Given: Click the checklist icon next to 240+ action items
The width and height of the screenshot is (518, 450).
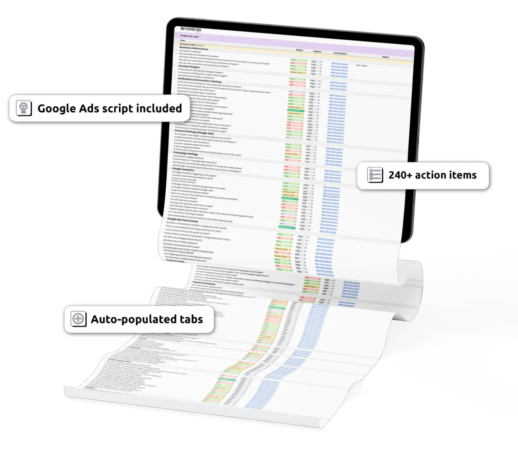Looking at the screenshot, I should (374, 175).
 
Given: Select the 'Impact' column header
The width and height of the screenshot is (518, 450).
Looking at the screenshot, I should (317, 52).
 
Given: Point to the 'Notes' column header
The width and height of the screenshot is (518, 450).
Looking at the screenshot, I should (385, 57).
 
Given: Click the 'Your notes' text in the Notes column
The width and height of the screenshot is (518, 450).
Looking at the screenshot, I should (361, 66).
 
